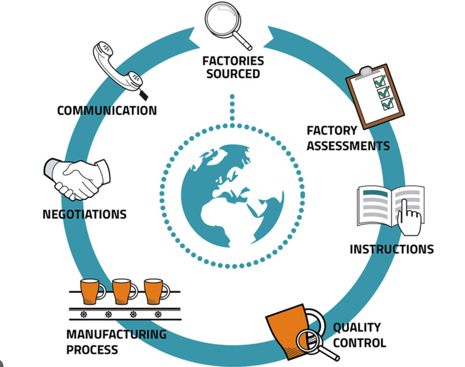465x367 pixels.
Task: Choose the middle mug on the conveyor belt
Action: [x=125, y=291]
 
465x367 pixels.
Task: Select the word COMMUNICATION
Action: [x=107, y=111]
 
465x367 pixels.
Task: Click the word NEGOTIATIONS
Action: [x=85, y=214]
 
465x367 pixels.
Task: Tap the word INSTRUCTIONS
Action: [x=392, y=249]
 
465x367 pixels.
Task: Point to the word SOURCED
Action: [x=233, y=73]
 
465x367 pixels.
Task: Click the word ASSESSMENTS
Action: [x=348, y=146]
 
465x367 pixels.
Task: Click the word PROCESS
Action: [x=92, y=349]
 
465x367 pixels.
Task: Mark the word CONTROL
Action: [x=359, y=343]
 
